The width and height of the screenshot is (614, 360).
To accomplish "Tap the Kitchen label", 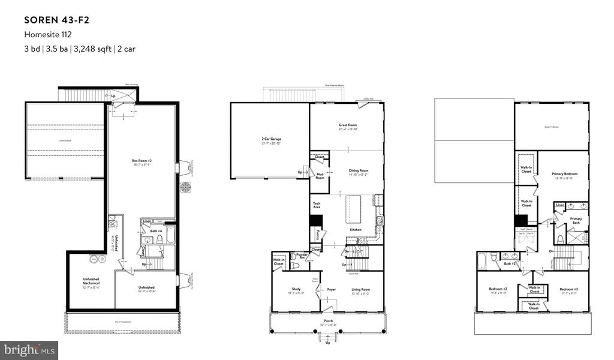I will pyautogui.click(x=356, y=230).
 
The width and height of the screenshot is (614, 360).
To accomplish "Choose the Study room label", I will pyautogui.click(x=296, y=289).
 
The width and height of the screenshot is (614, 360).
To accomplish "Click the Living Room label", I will pyautogui.click(x=360, y=289).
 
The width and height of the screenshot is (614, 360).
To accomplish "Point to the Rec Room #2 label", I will pyautogui.click(x=142, y=160).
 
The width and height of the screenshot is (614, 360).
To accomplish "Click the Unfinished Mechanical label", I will pyautogui.click(x=91, y=281).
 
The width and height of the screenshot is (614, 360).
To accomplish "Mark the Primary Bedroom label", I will pyautogui.click(x=563, y=175).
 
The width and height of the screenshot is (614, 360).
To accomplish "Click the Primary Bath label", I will pyautogui.click(x=576, y=221).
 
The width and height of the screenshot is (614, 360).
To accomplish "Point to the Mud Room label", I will pyautogui.click(x=320, y=176).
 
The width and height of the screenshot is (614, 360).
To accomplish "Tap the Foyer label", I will pyautogui.click(x=331, y=289).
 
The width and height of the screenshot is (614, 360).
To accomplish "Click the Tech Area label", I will pyautogui.click(x=317, y=205).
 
